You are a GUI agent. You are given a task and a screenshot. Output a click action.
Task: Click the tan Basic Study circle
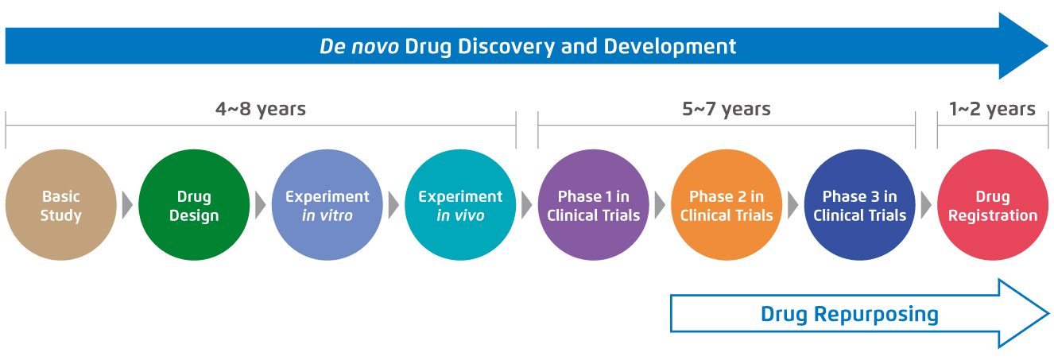pyautogui.click(x=60, y=205)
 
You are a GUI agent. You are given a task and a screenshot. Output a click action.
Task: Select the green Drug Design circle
pyautogui.click(x=194, y=205)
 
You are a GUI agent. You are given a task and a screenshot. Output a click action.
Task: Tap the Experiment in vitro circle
pyautogui.click(x=327, y=205)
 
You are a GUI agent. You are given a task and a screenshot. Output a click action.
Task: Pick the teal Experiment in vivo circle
pyautogui.click(x=460, y=205)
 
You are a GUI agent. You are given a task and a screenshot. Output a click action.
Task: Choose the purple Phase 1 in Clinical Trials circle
pyautogui.click(x=593, y=205)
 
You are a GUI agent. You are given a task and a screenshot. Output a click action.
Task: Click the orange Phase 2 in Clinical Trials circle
pyautogui.click(x=727, y=205)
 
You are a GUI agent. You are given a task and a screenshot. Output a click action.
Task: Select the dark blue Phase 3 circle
pyautogui.click(x=860, y=205)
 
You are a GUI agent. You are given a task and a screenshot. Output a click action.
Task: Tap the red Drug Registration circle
pyautogui.click(x=993, y=205)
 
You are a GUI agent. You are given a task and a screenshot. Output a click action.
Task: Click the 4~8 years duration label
pyautogui.click(x=261, y=109)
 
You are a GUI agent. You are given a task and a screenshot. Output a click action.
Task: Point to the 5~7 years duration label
pyautogui.click(x=727, y=109)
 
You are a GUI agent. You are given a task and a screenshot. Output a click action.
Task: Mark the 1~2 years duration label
pyautogui.click(x=992, y=109)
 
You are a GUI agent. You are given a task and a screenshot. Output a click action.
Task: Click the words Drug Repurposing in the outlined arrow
pyautogui.click(x=849, y=315)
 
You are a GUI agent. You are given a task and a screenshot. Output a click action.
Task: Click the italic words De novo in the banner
pyautogui.click(x=359, y=47)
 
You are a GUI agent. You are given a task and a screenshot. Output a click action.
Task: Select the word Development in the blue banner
pyautogui.click(x=669, y=47)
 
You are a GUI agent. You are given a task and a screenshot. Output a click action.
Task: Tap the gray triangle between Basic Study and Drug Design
pyautogui.click(x=127, y=205)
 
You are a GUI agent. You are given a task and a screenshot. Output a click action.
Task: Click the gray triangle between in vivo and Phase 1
pyautogui.click(x=527, y=205)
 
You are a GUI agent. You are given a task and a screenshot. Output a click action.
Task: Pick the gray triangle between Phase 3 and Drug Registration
pyautogui.click(x=927, y=205)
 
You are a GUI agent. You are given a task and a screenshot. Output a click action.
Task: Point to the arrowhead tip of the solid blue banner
pyautogui.click(x=1048, y=46)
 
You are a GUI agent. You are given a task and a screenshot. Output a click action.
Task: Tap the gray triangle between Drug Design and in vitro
pyautogui.click(x=261, y=205)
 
